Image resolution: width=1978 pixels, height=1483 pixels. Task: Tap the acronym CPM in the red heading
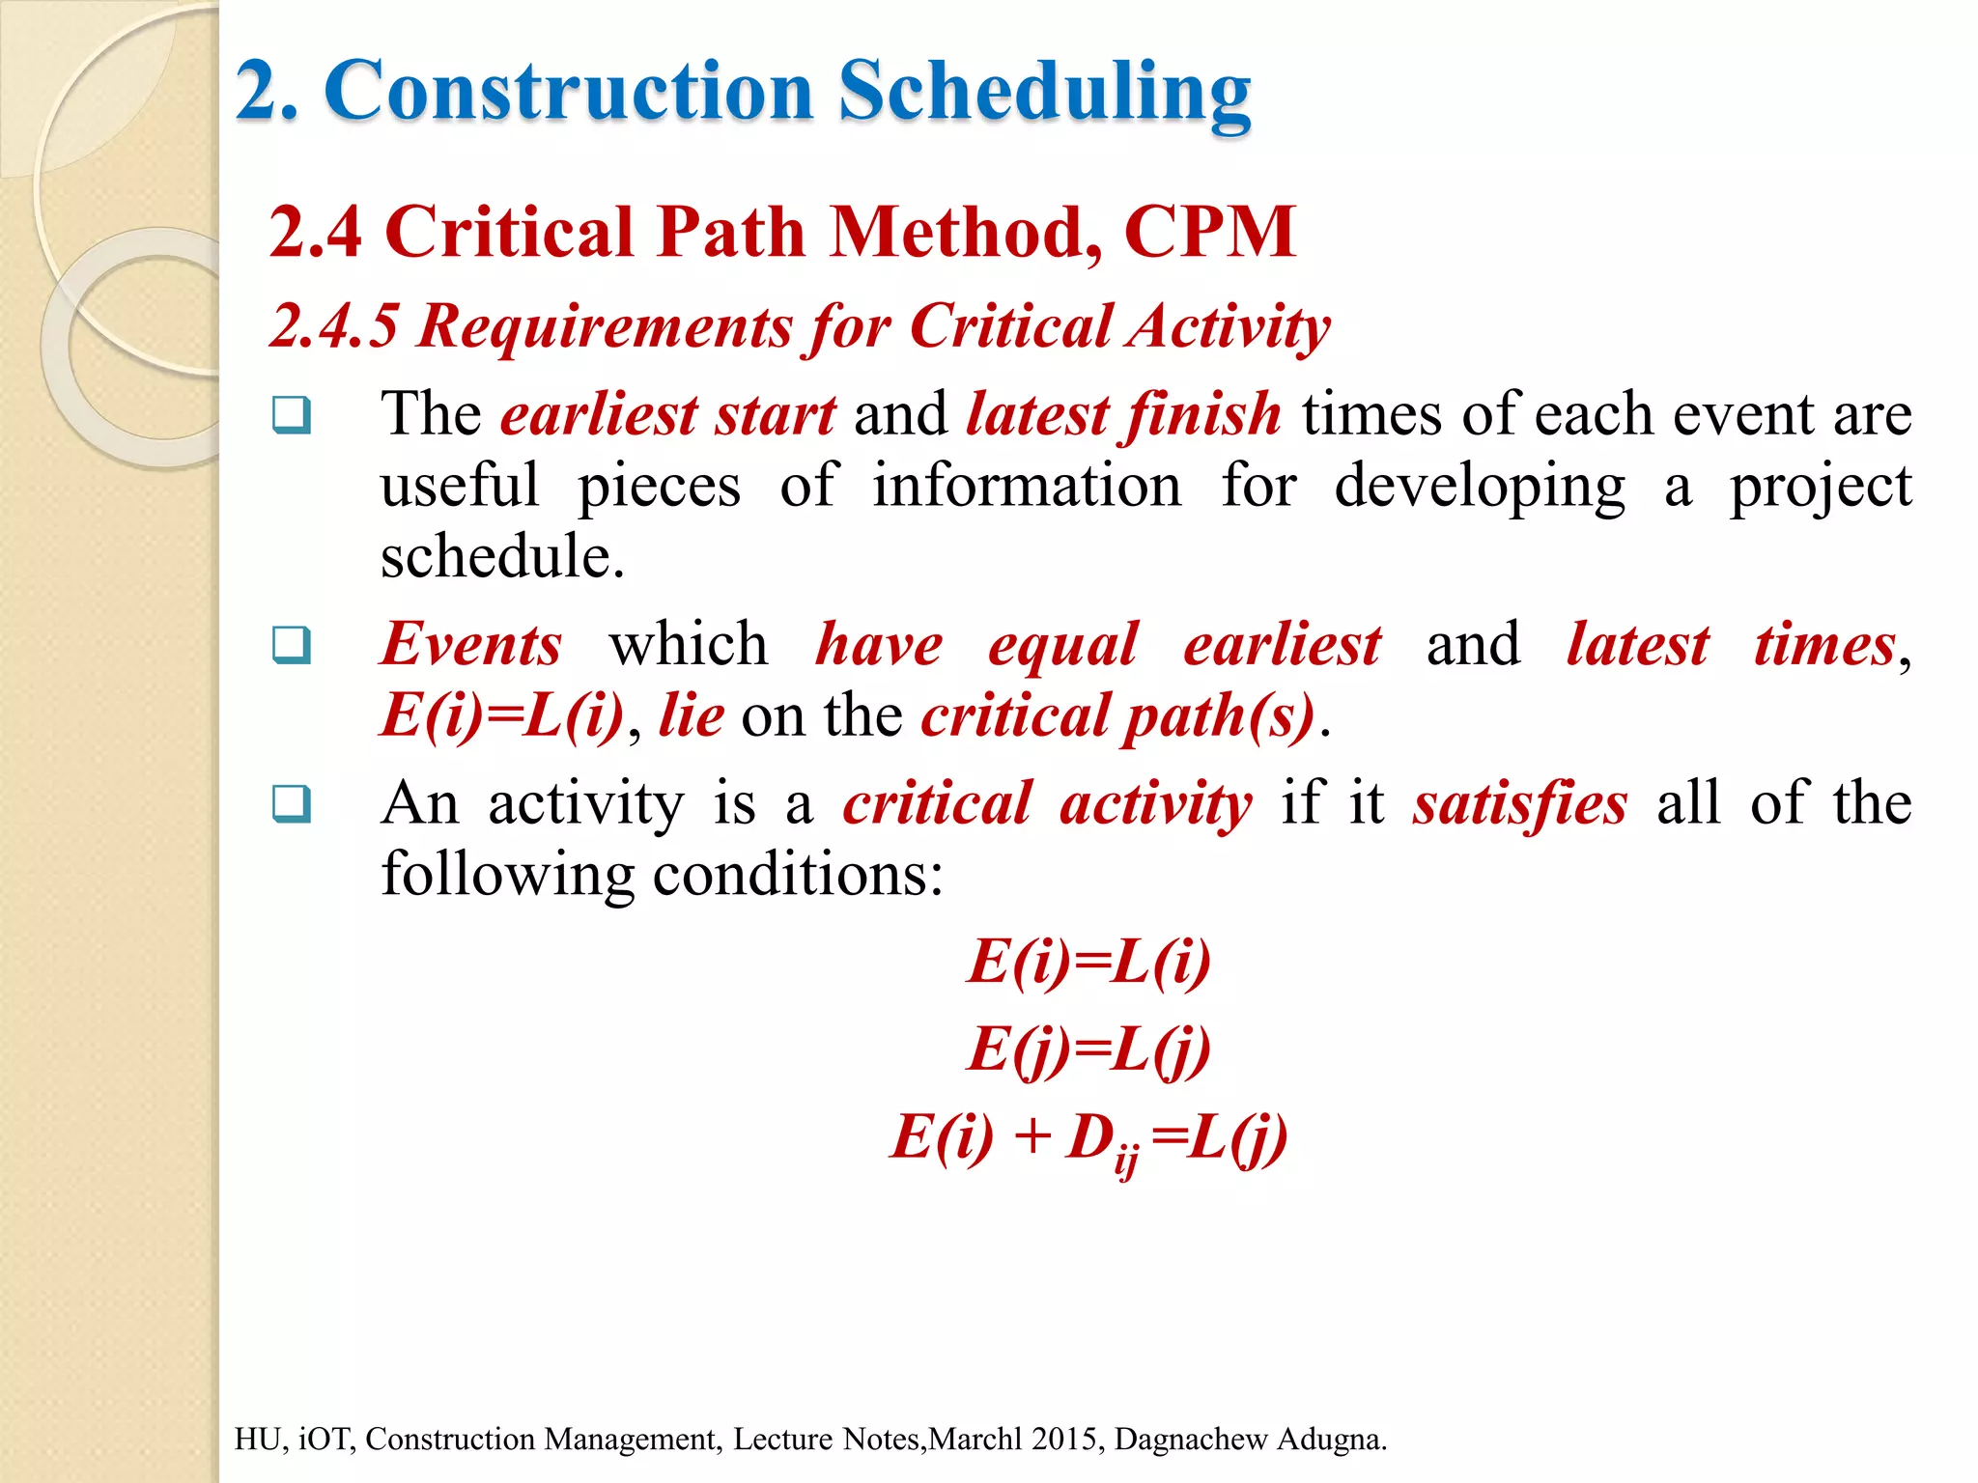click(x=1209, y=233)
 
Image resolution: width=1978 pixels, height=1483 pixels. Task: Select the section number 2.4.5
click(x=333, y=325)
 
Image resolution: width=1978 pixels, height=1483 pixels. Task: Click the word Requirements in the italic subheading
click(x=605, y=325)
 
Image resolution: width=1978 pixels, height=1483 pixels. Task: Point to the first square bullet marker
click(x=291, y=415)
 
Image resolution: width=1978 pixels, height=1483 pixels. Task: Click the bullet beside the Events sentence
click(x=291, y=645)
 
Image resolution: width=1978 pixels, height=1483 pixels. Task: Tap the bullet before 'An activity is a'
click(x=291, y=803)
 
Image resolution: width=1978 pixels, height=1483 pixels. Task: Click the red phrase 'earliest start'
click(x=667, y=414)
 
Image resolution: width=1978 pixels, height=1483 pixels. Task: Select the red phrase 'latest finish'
click(x=1123, y=414)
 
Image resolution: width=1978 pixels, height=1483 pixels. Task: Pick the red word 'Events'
click(x=470, y=644)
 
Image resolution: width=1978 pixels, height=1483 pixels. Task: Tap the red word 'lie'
click(x=691, y=715)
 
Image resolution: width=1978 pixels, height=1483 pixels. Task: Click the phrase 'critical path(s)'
click(x=1117, y=715)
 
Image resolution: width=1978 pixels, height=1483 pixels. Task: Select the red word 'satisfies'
click(x=1519, y=803)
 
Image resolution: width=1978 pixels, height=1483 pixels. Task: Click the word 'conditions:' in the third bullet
click(x=798, y=875)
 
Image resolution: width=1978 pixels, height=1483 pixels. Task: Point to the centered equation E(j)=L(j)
click(x=1088, y=1049)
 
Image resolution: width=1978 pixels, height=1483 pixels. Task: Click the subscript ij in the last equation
click(x=1126, y=1159)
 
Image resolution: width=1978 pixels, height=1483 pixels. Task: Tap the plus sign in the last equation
click(x=1031, y=1136)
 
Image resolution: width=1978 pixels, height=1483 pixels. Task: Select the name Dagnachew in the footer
click(x=1191, y=1439)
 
